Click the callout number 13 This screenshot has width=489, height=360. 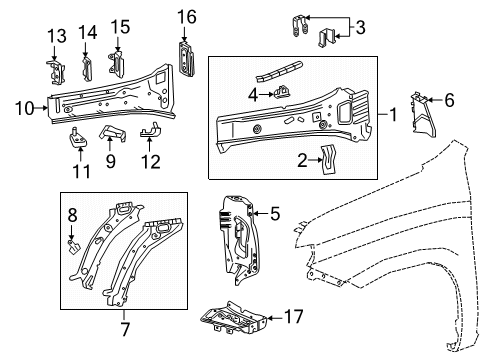click(52, 37)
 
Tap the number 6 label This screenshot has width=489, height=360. click(449, 99)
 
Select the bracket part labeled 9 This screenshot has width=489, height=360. click(113, 135)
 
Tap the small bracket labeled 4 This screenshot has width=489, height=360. click(283, 95)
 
